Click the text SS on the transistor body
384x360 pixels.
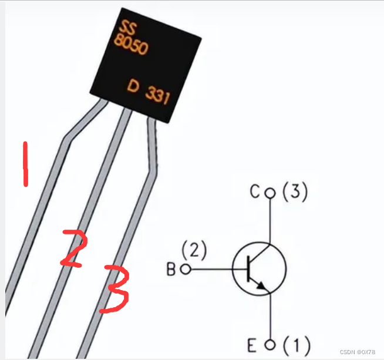(126, 27)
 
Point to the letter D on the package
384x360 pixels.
(133, 87)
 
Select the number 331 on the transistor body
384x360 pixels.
(157, 95)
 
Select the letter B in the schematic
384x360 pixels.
(171, 270)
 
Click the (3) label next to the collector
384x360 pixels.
(295, 193)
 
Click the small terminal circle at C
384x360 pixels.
(270, 193)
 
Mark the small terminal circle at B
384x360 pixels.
(186, 270)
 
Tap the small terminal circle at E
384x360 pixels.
(270, 345)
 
